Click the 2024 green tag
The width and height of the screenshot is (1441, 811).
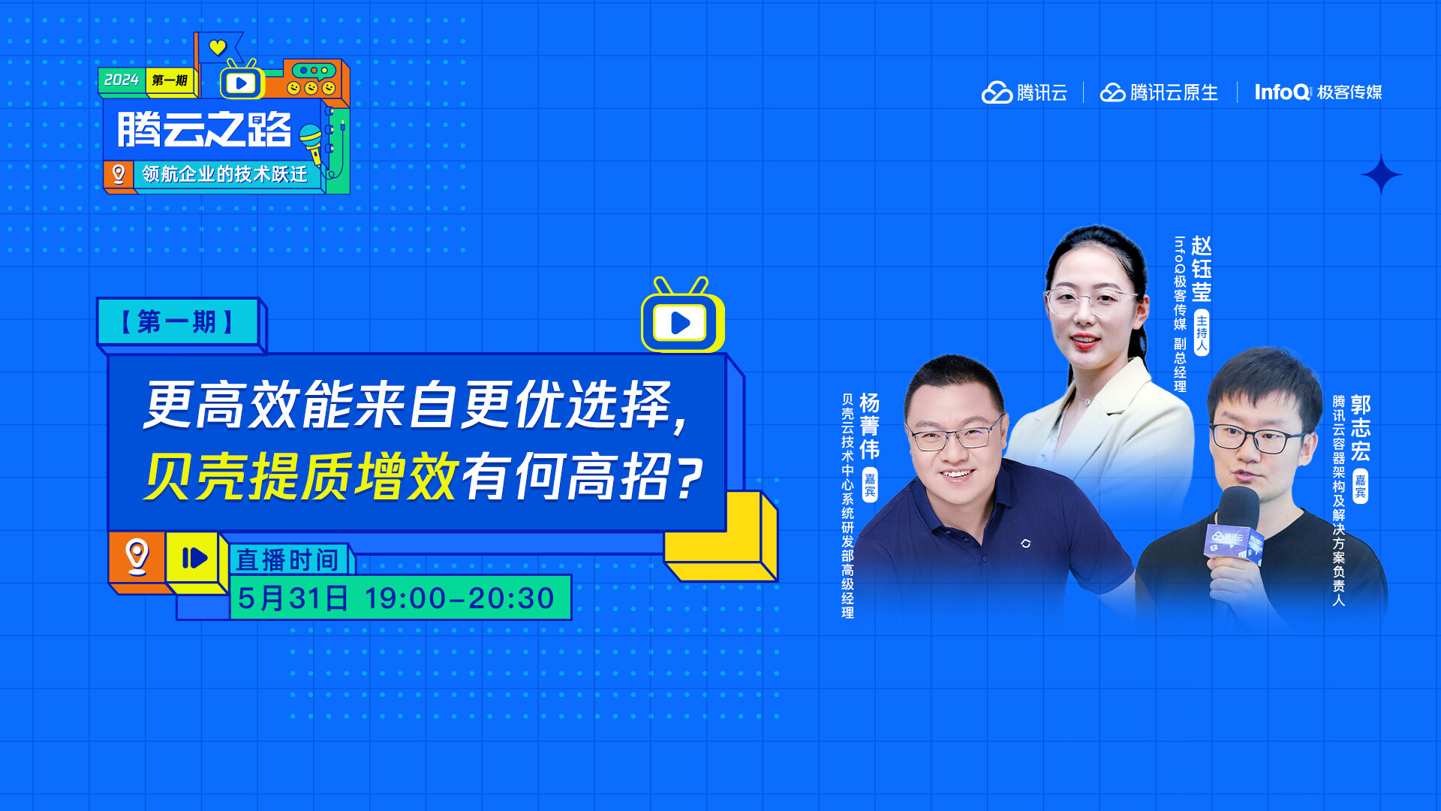point(122,80)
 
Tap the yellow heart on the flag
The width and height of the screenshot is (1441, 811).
point(217,48)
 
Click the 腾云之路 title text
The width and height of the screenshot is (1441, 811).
point(204,129)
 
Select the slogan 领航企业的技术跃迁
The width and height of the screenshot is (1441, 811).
point(224,174)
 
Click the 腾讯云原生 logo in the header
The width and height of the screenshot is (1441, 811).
point(1159,92)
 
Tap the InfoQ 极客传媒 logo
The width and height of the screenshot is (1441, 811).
point(1318,92)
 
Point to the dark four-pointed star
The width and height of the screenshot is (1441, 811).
point(1380,175)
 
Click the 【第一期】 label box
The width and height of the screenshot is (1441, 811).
point(178,322)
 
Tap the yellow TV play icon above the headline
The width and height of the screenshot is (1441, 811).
point(681,321)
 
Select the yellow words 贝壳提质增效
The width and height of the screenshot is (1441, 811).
point(300,477)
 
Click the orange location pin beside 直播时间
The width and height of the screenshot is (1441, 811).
point(137,556)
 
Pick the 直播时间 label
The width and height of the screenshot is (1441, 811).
point(287,559)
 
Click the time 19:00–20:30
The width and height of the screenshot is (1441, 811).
point(459,598)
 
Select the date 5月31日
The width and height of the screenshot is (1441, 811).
point(293,598)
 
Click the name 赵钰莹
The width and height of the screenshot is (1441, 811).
point(1201,269)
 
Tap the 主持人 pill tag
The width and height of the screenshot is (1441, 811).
point(1202,332)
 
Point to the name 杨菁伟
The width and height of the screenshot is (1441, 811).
point(869,426)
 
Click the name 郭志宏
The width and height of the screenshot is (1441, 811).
point(1360,427)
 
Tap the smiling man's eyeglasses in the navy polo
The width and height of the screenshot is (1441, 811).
point(954,436)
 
